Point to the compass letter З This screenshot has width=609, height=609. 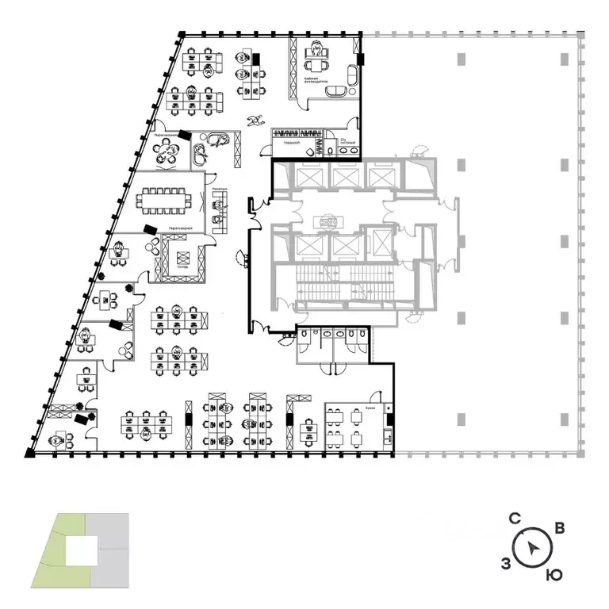pos(506,563)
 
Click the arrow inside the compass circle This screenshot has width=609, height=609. pos(535,547)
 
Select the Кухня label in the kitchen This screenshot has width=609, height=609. pos(370,409)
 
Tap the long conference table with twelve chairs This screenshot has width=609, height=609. pos(167,199)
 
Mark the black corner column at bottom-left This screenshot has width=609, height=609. pos(30,453)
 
